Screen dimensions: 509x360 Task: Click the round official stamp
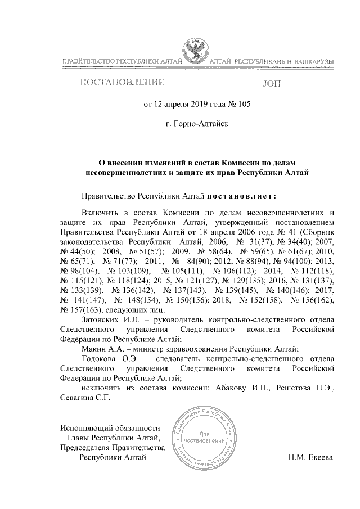click(208, 440)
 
